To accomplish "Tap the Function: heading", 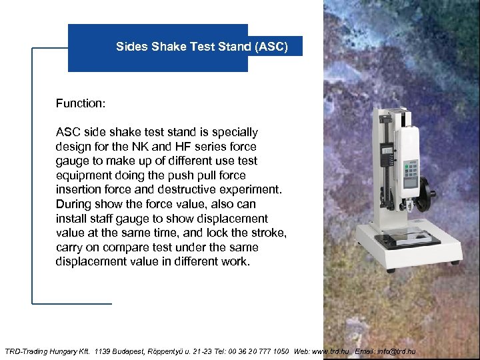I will [81, 103].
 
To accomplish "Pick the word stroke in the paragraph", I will [267, 233].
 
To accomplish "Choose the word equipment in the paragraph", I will [85, 175].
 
